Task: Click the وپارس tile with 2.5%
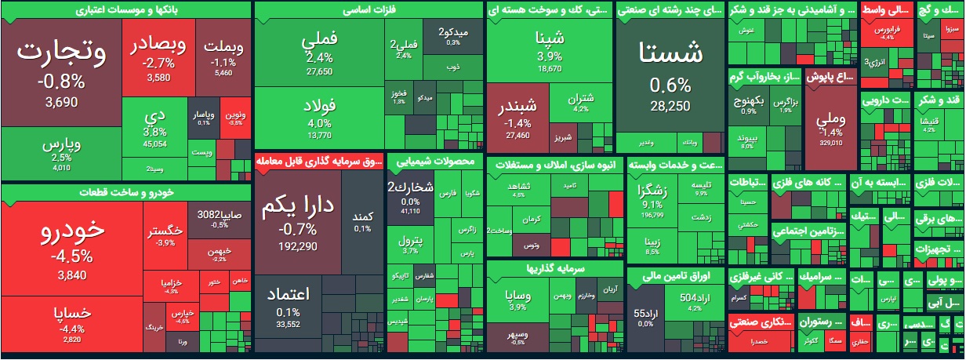click(x=60, y=154)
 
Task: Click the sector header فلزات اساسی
click(x=369, y=10)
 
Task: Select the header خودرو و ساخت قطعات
click(x=125, y=192)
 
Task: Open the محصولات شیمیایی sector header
click(x=435, y=162)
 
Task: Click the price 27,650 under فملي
click(x=319, y=71)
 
